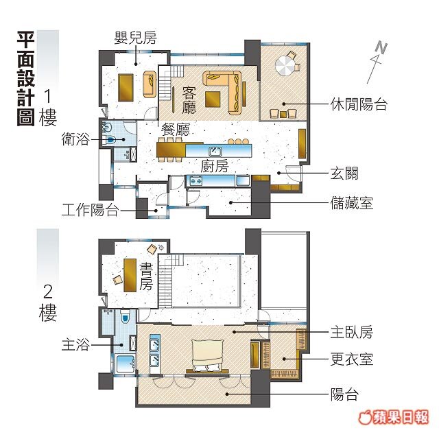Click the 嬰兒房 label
pos(135,38)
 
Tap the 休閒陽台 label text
pos(359,104)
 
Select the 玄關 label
pos(344,174)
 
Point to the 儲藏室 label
pos(352,203)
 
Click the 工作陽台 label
pos(90,210)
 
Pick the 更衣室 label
pos(352,359)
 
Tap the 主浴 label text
pos(75,344)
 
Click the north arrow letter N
pos(381,47)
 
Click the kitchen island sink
pos(215,152)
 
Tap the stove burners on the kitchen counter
pos(196,180)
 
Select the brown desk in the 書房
pos(130,275)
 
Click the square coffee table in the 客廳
pos(213,99)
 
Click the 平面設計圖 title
pos(26,79)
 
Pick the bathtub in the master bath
pos(126,364)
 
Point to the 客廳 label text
pos(189,100)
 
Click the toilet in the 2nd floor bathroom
pos(125,316)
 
